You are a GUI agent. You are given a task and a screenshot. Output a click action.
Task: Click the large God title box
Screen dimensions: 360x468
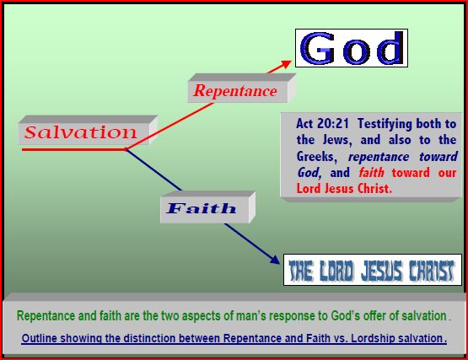pyautogui.click(x=351, y=48)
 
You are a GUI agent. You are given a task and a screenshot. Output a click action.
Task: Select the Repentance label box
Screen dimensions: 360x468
pyautogui.click(x=235, y=91)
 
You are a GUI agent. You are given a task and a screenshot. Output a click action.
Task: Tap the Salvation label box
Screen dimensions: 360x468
pyautogui.click(x=80, y=133)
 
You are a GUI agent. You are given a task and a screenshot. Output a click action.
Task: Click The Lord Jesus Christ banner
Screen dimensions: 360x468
pyautogui.click(x=372, y=271)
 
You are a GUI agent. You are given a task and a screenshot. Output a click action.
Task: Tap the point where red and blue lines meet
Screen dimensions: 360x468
pyautogui.click(x=126, y=149)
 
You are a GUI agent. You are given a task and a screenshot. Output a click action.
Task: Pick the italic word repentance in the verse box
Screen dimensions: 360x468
pyautogui.click(x=388, y=157)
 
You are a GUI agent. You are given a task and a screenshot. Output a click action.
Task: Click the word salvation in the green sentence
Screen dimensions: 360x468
pyautogui.click(x=419, y=315)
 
